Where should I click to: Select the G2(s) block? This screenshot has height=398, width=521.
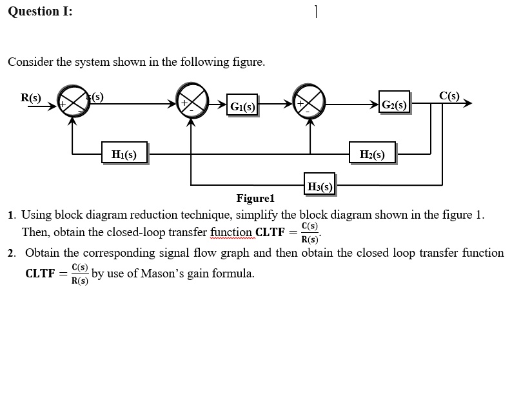(x=394, y=104)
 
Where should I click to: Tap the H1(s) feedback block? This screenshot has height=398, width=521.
(x=124, y=154)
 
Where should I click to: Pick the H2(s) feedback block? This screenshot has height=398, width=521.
(x=372, y=154)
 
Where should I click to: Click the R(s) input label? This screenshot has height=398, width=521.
(x=30, y=98)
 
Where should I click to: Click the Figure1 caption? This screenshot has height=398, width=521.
(x=255, y=198)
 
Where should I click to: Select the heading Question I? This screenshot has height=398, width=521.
(x=40, y=12)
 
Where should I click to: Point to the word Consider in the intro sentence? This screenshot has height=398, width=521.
(x=31, y=62)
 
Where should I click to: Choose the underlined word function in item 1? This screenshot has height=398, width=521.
(x=231, y=232)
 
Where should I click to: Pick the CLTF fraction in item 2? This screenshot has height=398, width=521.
(x=80, y=274)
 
